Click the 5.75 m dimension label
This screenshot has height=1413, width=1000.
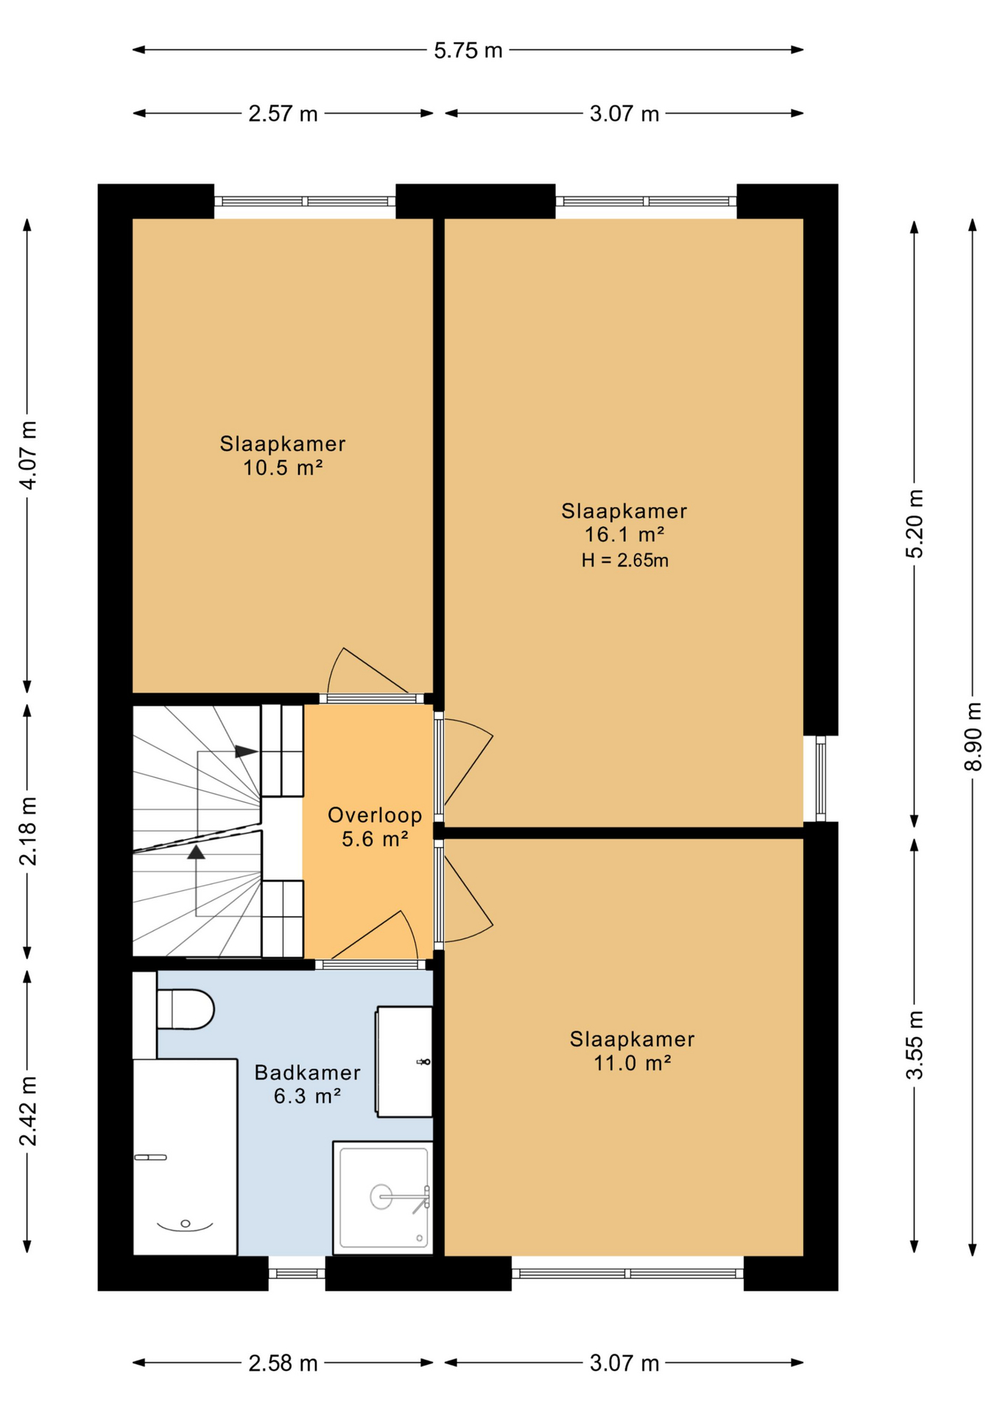tap(468, 50)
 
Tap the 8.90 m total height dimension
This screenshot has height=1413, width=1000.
tap(973, 736)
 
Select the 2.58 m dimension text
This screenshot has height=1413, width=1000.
tap(283, 1364)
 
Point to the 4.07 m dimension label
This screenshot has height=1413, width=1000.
tap(28, 455)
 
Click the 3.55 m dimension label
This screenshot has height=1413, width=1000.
tap(915, 1045)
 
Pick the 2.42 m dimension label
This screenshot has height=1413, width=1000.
tap(28, 1111)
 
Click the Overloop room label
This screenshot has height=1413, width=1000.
tap(375, 815)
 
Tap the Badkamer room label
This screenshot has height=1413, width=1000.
tap(307, 1072)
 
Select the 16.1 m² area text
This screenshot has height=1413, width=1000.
tap(624, 534)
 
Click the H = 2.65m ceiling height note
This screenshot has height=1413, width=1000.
tap(624, 560)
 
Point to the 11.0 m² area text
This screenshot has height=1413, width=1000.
tap(633, 1063)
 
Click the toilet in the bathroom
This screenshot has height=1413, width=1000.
tap(185, 1009)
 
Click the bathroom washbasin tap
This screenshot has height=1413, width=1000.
tap(423, 1062)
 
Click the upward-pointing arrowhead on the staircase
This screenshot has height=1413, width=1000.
tap(196, 852)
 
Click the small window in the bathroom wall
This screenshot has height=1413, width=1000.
tap(297, 1274)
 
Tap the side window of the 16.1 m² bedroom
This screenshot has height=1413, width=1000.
tap(820, 779)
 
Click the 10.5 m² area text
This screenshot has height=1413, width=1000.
tap(284, 467)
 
